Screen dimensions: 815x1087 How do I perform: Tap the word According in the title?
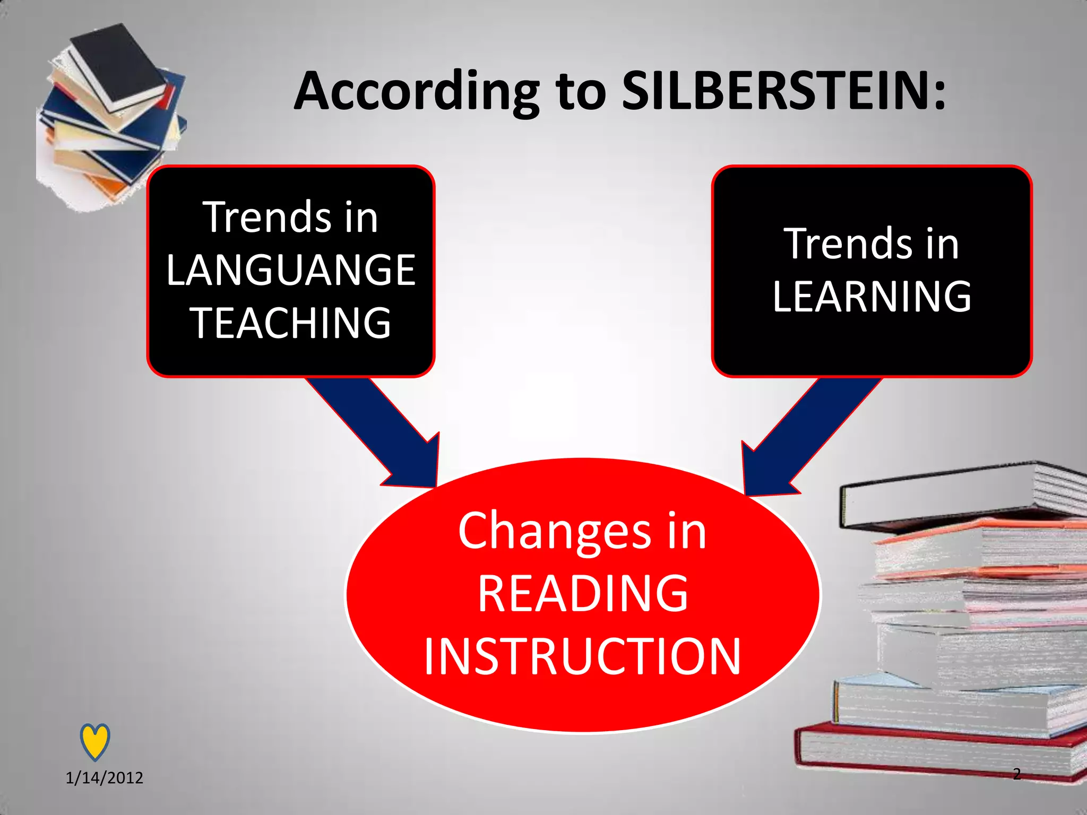pos(417,91)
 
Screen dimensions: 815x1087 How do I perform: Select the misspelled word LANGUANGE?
pos(291,271)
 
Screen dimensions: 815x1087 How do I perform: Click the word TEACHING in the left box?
pos(291,323)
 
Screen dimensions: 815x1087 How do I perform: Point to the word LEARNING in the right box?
pos(872,297)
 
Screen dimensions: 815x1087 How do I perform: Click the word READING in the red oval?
pos(583,594)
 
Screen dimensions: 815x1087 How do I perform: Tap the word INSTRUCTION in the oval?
pos(582,657)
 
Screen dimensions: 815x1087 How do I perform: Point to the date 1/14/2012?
pos(104,778)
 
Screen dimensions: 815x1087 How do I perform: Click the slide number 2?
pos(1016,774)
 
